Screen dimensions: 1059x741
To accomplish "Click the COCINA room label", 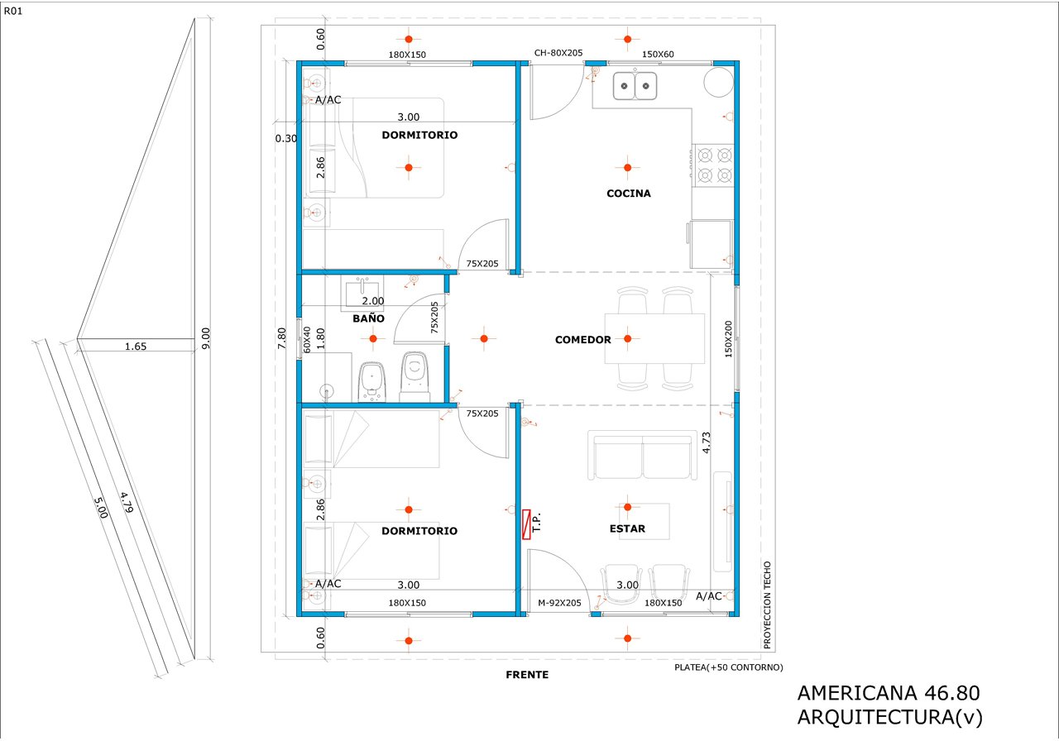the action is click(628, 194).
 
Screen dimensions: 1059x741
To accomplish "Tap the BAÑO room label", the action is click(368, 318).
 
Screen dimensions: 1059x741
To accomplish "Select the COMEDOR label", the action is click(583, 340).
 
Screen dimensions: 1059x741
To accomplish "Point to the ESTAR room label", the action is click(627, 528).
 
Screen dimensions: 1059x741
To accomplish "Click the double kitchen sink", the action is click(635, 85).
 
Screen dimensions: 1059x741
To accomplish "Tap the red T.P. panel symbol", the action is click(526, 524).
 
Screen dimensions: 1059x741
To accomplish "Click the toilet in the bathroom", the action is click(414, 376).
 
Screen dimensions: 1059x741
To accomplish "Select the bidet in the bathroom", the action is click(372, 382).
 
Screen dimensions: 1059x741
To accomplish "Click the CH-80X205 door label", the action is click(558, 53).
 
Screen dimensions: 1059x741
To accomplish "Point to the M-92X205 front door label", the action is click(559, 603).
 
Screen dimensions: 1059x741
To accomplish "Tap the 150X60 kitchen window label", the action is click(658, 55).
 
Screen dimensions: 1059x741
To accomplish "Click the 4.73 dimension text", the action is click(707, 442).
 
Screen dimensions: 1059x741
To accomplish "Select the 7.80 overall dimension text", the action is click(282, 338).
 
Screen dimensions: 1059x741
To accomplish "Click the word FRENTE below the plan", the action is click(527, 675).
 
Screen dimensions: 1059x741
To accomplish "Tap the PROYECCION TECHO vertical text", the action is click(767, 605).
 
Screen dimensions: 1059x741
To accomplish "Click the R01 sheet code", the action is click(13, 12).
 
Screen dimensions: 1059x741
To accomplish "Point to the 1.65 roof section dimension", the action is click(136, 347).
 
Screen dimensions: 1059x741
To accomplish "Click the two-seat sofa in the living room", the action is click(643, 455).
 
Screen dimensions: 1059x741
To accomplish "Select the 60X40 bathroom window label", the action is click(307, 340).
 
